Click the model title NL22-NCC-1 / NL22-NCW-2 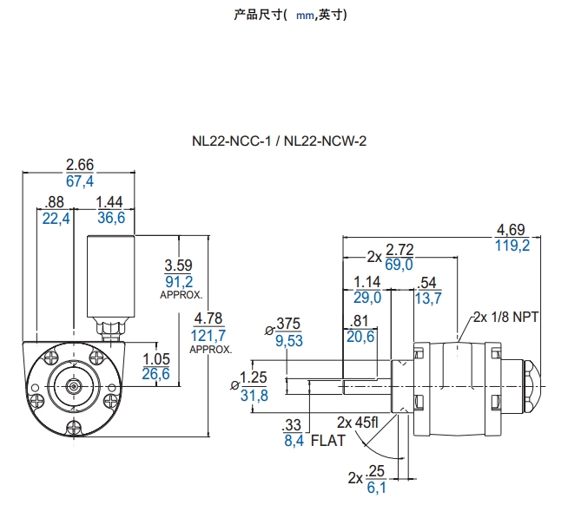coord(280,141)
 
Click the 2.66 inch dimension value coord(79,165)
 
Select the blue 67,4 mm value coord(79,180)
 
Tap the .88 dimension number coord(55,202)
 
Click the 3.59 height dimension coord(178,266)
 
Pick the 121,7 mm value coord(209,335)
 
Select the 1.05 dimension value coord(155,358)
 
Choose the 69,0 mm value coord(399,265)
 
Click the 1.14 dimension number coord(368,282)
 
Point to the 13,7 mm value coord(429,298)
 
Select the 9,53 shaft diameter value coord(288,341)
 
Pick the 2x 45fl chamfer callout coord(358,423)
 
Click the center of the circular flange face coord(73,384)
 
